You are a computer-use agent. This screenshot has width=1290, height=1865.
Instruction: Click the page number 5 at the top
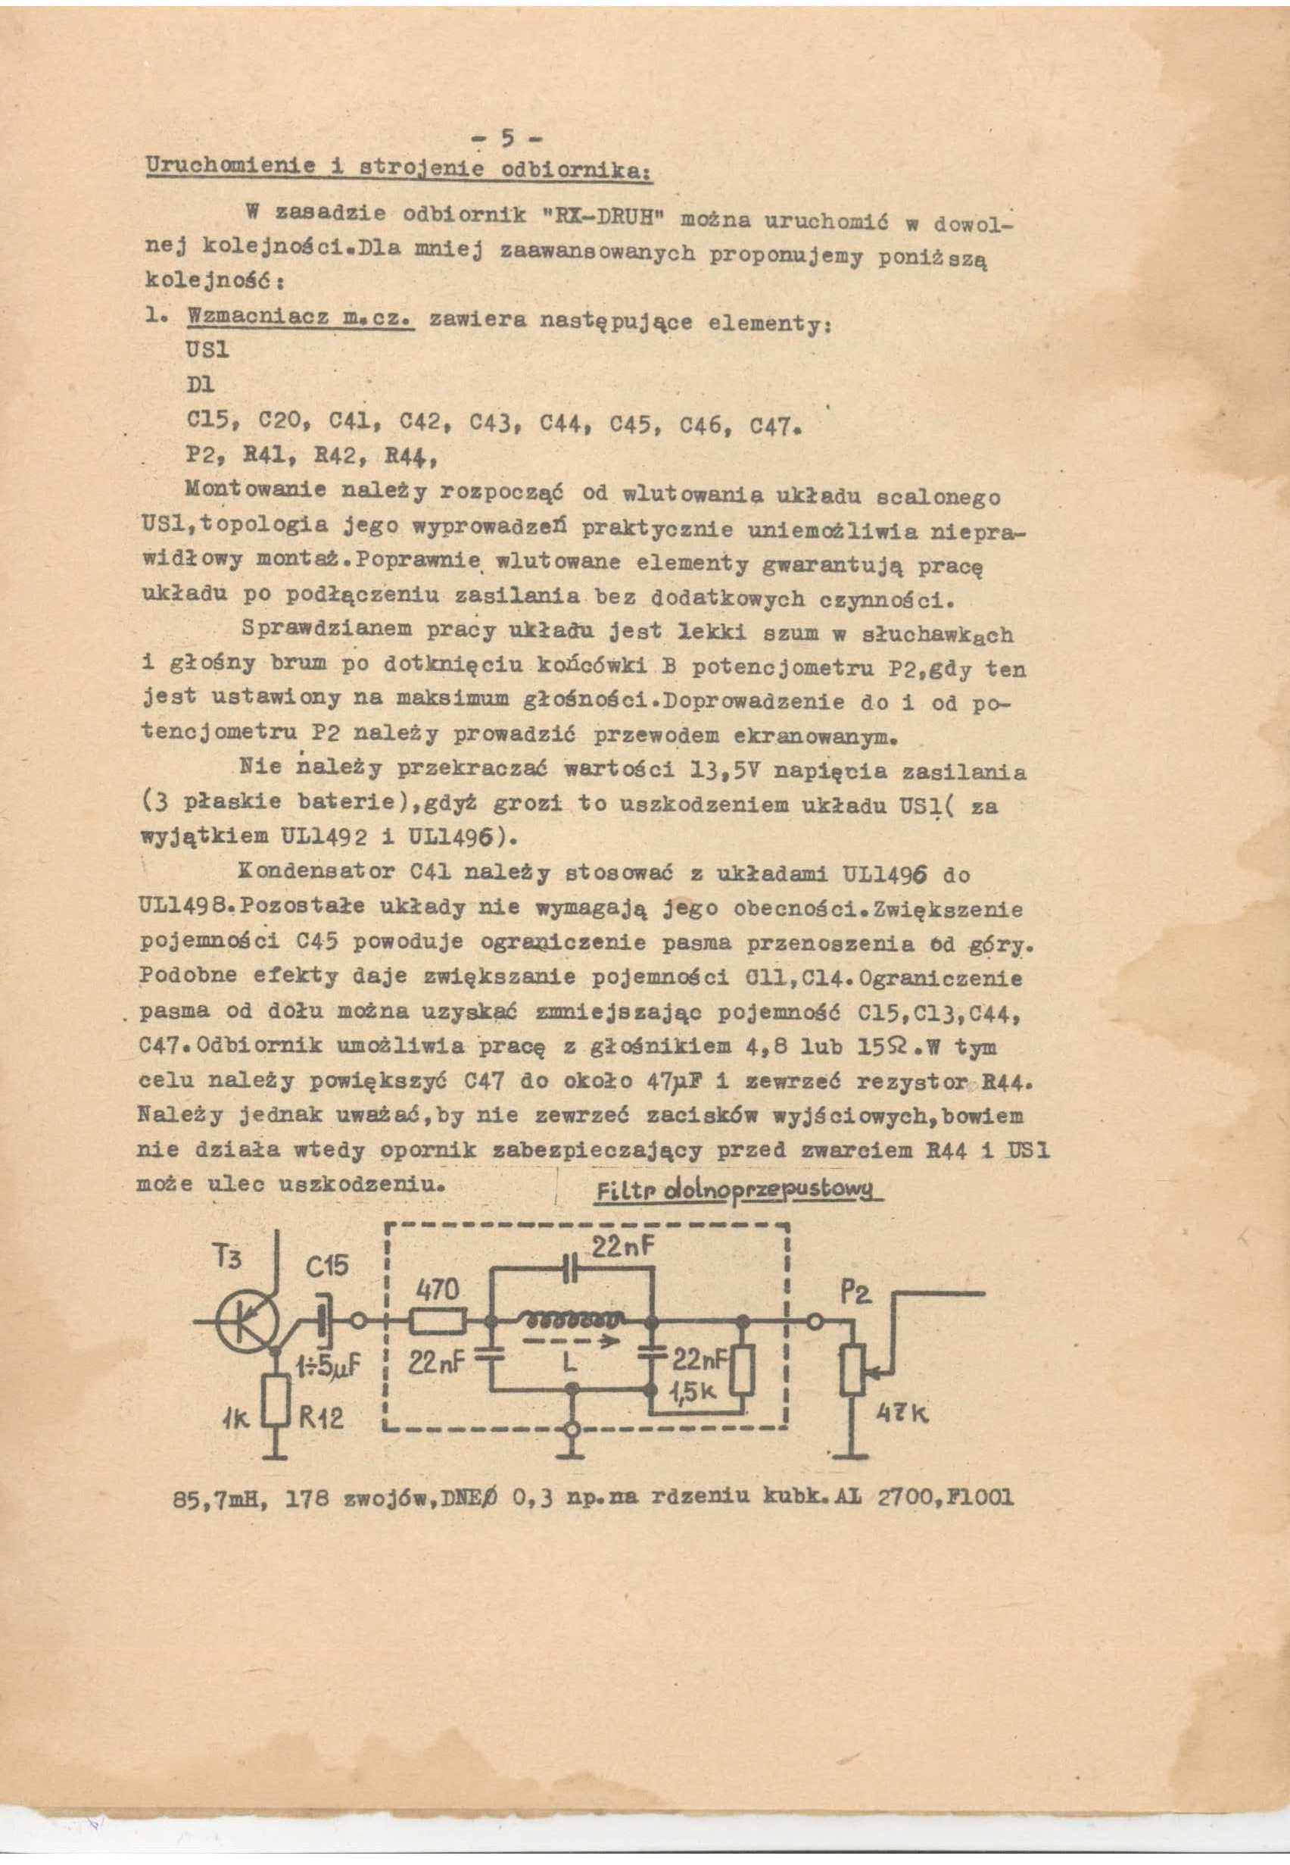[x=506, y=139]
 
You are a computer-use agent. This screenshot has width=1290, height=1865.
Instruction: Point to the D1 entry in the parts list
[x=199, y=385]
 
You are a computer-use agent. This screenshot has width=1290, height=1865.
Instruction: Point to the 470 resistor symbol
[x=438, y=1322]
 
